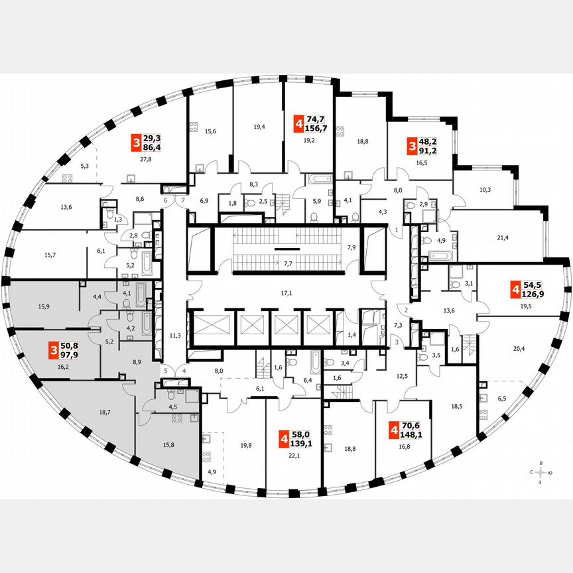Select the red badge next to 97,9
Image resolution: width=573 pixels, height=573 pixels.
(52, 349)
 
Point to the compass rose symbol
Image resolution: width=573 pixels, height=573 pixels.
(542, 472)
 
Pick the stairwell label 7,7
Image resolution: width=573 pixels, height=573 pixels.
(287, 264)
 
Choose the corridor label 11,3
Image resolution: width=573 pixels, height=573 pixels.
(175, 336)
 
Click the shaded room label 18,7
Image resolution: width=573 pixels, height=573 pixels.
(104, 412)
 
